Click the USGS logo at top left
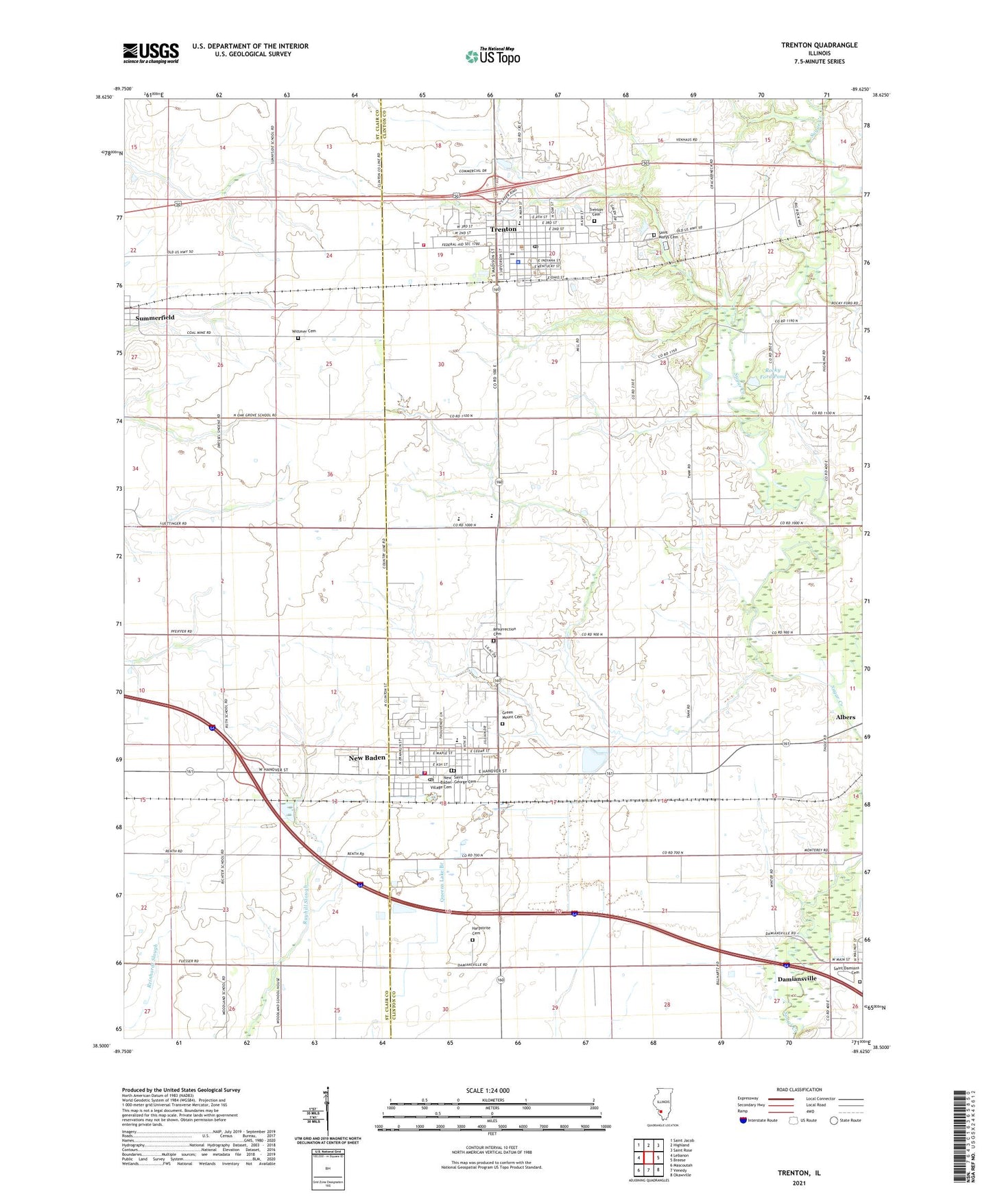tap(151, 53)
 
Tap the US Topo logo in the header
tap(493, 56)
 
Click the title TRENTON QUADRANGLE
tap(819, 45)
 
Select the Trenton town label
tap(503, 229)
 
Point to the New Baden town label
tap(367, 758)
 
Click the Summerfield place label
tap(155, 318)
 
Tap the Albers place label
tap(845, 717)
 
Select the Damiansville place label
tap(797, 979)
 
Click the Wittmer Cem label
tap(303, 331)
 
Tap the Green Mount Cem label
tap(511, 715)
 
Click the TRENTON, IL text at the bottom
tap(798, 1173)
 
